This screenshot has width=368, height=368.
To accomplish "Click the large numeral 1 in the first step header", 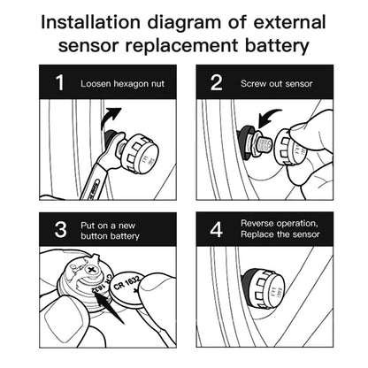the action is tap(60, 82).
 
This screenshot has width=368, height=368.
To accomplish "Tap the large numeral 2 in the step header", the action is tap(217, 82).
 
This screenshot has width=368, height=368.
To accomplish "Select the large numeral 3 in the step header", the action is tap(61, 230).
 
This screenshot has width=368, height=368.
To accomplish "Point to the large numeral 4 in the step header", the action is tap(216, 229).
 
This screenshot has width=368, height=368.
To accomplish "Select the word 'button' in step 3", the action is tap(94, 236).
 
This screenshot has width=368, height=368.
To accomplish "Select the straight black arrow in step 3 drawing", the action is tap(111, 309).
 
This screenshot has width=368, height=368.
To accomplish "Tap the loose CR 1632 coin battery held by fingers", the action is tap(126, 289).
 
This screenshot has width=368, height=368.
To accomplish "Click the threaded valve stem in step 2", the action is tap(264, 146).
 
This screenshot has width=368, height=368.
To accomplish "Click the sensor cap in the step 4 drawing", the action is tap(264, 286).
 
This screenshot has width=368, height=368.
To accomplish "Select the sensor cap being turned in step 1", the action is tap(139, 153).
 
